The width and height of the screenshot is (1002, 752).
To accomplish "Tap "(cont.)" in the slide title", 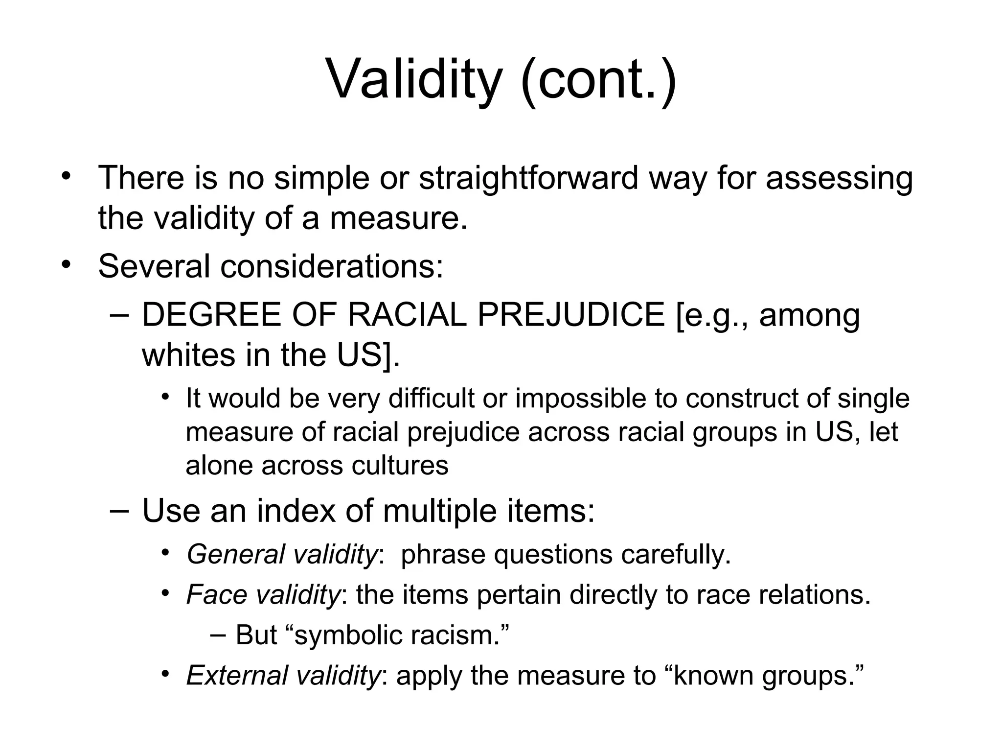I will click(599, 78).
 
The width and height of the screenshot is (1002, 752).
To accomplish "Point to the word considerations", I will click(331, 266).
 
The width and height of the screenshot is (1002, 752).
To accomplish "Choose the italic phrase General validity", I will click(282, 555).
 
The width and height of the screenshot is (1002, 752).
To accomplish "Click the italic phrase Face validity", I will click(263, 595).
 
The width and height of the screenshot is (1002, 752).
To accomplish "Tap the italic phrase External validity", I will click(283, 675).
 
